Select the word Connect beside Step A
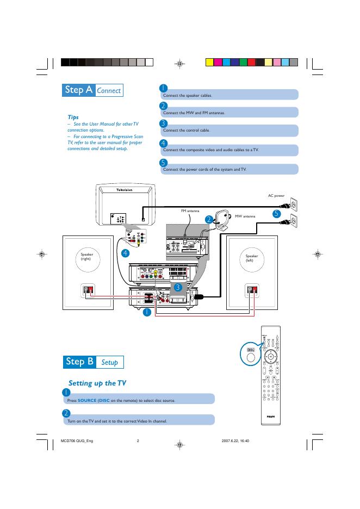click(109, 91)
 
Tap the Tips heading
click(73, 117)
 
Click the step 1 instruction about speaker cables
click(188, 95)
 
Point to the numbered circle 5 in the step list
click(163, 163)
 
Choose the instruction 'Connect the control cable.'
click(186, 131)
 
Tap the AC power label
click(276, 195)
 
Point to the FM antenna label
click(190, 210)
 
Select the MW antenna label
click(245, 216)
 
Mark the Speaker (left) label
click(251, 257)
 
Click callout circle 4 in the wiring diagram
click(125, 253)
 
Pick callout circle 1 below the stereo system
click(147, 312)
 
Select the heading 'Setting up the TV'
click(97, 383)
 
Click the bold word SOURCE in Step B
click(86, 401)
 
